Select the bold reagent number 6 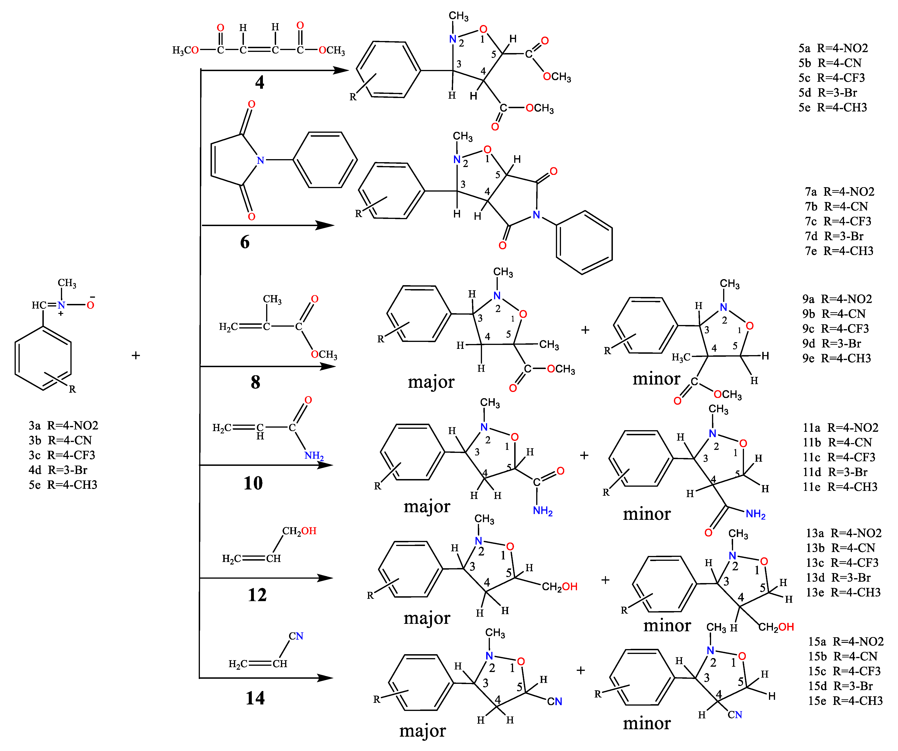tap(245, 242)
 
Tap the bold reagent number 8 tap(255, 382)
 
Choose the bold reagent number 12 tap(257, 595)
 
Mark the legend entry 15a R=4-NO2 tap(845, 641)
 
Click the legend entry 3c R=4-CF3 tap(62, 455)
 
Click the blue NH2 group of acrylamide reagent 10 tap(314, 455)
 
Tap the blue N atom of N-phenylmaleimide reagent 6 tap(260, 160)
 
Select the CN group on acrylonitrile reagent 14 tap(296, 636)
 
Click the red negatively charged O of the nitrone tap(90, 305)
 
